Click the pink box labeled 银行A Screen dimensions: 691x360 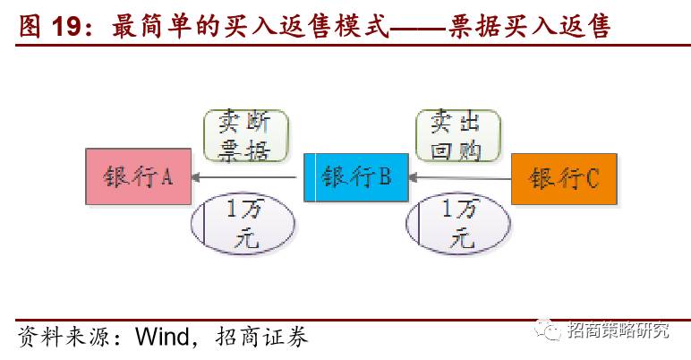click(x=138, y=177)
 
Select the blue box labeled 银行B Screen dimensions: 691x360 click(x=355, y=177)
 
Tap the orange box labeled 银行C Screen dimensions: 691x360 click(x=564, y=178)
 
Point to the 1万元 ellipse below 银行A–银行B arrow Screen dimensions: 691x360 click(x=243, y=224)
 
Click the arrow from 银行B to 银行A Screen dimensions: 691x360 click(x=248, y=178)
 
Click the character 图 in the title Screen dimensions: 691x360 click(x=30, y=28)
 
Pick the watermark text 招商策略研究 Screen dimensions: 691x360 click(x=618, y=330)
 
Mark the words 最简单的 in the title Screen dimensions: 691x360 click(x=156, y=28)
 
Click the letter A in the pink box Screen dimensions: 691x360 click(x=166, y=177)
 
